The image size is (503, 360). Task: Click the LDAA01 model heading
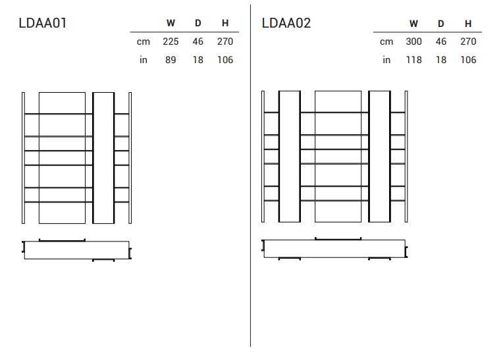(x=43, y=23)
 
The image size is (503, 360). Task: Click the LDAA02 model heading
(x=286, y=23)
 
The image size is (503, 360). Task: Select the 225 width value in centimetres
(x=171, y=41)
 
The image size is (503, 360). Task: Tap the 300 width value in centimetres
(x=413, y=41)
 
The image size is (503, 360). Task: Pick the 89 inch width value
(x=171, y=60)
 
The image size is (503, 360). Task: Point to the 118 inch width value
(x=413, y=60)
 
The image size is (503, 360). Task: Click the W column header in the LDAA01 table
(x=171, y=23)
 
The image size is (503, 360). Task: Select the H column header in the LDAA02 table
(x=468, y=24)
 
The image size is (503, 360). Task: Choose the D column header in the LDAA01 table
(x=198, y=23)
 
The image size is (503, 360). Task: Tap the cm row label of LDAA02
(x=386, y=41)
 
